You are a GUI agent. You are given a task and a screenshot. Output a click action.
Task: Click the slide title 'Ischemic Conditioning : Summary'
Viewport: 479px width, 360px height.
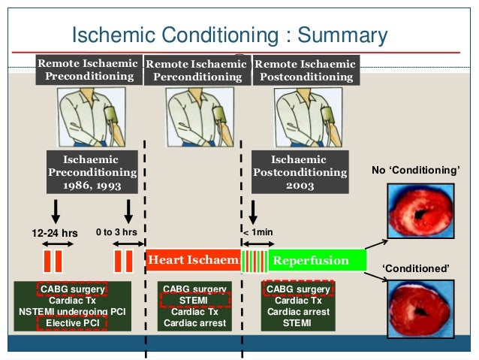coord(229,35)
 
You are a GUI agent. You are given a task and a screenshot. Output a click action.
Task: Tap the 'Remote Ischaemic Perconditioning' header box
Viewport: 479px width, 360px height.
coord(195,71)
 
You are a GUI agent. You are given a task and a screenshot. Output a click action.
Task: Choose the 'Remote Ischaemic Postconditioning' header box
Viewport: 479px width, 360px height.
coord(304,70)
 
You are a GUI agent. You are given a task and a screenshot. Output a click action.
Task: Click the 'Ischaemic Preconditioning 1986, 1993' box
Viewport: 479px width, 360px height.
coord(92,172)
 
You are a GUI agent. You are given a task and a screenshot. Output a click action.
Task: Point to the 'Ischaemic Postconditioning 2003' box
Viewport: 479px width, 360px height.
coord(300,172)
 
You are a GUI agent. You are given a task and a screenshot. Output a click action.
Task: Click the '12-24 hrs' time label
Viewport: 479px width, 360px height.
coord(54,233)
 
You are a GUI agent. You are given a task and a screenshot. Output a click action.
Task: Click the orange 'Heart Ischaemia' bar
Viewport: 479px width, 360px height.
coord(194,261)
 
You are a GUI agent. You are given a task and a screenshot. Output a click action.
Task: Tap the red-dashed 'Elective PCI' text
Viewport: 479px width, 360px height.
coord(73,323)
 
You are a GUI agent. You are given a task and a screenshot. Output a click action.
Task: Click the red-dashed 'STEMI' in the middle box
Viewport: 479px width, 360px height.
coord(194,301)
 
